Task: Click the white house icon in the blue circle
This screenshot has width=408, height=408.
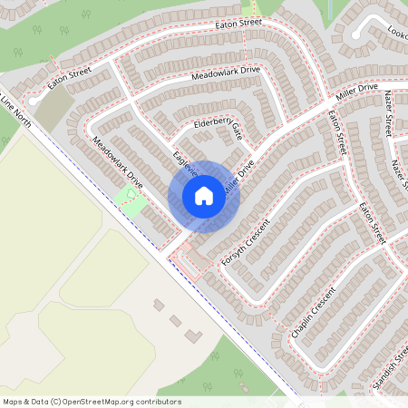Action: (x=203, y=196)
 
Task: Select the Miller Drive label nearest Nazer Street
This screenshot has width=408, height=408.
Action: (x=355, y=92)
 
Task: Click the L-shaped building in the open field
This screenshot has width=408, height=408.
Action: (x=193, y=335)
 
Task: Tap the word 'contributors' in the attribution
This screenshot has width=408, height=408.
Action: (x=160, y=402)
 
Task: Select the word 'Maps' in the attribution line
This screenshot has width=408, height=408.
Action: (x=12, y=402)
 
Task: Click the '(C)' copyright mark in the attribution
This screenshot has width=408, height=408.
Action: (x=56, y=402)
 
